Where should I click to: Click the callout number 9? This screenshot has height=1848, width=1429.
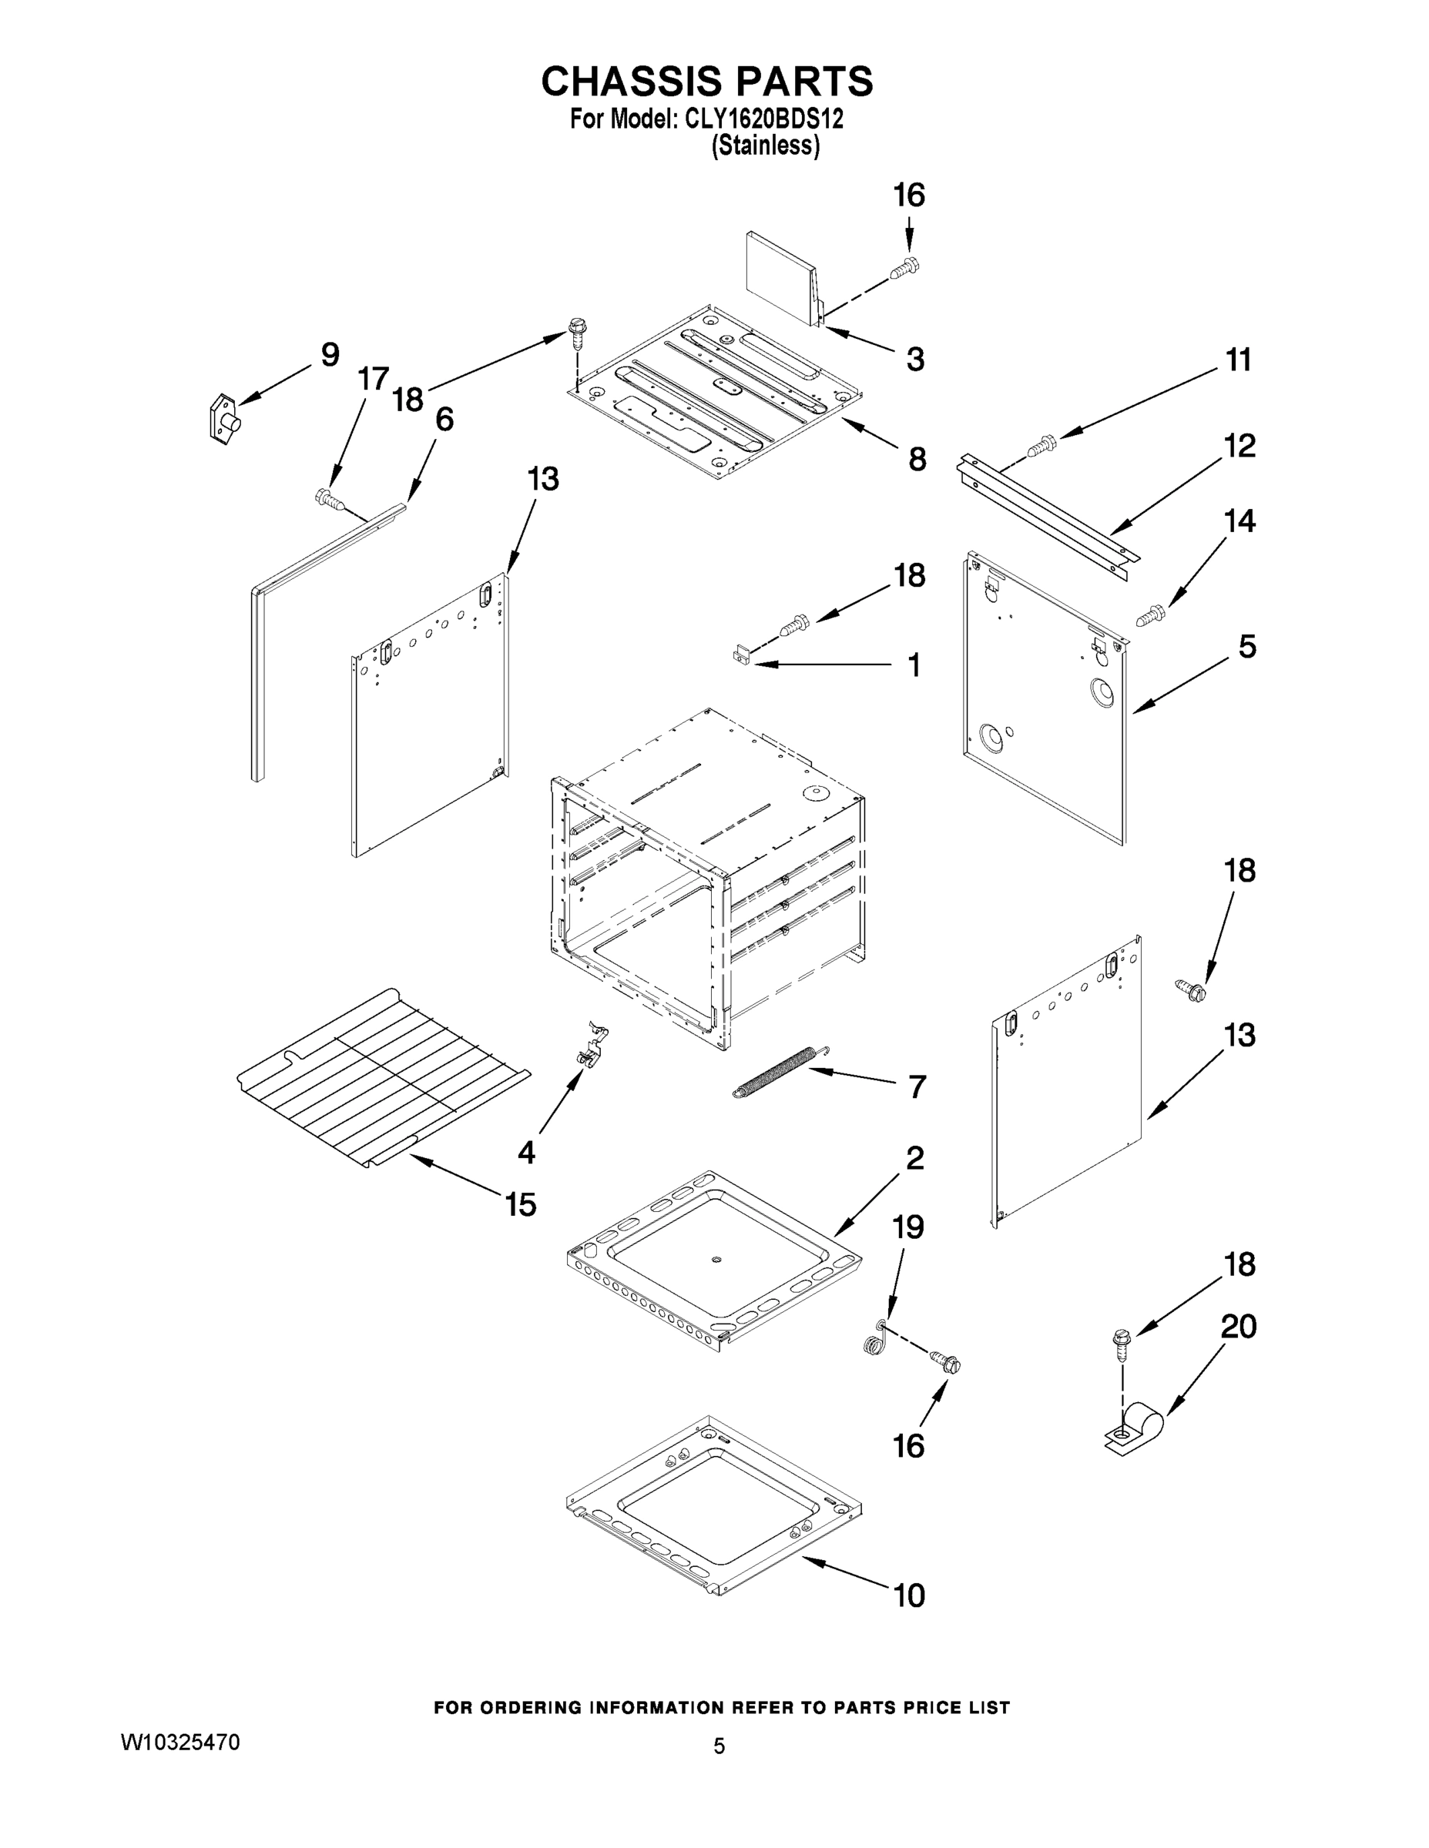pyautogui.click(x=329, y=354)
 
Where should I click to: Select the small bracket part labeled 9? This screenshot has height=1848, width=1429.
pyautogui.click(x=223, y=418)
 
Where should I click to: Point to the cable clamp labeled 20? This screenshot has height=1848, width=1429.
pyautogui.click(x=1135, y=1429)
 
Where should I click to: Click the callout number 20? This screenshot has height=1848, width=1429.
pyautogui.click(x=1238, y=1326)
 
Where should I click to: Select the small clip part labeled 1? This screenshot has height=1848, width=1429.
pyautogui.click(x=741, y=654)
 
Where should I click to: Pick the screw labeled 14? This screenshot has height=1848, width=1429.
pyautogui.click(x=1149, y=614)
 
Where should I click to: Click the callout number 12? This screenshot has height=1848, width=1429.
pyautogui.click(x=1239, y=446)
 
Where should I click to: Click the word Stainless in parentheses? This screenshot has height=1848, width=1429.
pyautogui.click(x=765, y=146)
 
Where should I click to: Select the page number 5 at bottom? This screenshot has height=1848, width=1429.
pyautogui.click(x=719, y=1746)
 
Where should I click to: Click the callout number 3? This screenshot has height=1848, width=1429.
pyautogui.click(x=914, y=360)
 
